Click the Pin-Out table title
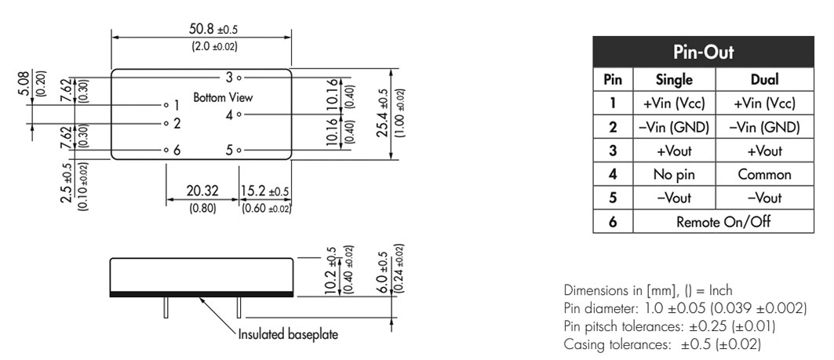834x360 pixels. [x=703, y=52]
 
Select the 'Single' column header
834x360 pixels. [x=674, y=79]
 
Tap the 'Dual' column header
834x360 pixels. [x=764, y=79]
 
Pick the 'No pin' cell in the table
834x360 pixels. [x=674, y=174]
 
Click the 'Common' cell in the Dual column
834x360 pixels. [x=764, y=174]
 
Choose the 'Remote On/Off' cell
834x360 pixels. [x=723, y=221]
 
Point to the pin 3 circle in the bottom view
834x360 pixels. [x=239, y=78]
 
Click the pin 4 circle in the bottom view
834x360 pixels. [x=239, y=114]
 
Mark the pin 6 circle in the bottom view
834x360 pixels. [x=166, y=151]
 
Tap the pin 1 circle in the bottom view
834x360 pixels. [x=166, y=105]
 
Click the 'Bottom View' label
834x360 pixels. [x=223, y=98]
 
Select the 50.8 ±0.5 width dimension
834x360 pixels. [x=213, y=28]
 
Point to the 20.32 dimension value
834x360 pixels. [x=202, y=191]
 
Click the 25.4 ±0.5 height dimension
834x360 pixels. [x=383, y=113]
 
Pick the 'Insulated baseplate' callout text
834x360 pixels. [x=288, y=334]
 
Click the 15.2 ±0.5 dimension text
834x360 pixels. [x=265, y=191]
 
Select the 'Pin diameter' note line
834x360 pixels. [x=685, y=308]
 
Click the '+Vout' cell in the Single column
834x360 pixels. [x=674, y=151]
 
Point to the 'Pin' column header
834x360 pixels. [x=613, y=79]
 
